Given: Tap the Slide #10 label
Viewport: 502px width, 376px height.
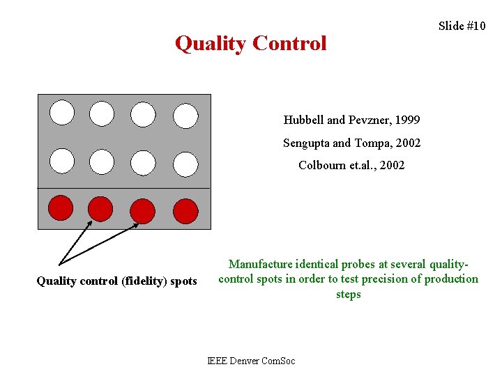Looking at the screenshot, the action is tap(462, 26).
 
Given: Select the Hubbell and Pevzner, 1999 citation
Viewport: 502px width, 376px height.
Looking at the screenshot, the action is tap(351, 120).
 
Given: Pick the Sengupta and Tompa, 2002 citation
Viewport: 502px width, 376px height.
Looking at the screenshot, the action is tap(351, 143).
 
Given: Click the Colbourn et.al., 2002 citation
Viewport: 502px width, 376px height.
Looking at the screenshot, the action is tap(351, 165).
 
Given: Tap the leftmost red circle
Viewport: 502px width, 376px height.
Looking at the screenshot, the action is tap(61, 207).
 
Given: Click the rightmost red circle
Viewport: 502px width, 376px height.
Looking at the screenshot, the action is tap(185, 210).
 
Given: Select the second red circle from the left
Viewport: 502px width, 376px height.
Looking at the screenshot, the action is tap(101, 208).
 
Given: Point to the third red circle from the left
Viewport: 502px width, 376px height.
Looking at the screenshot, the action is tap(143, 210).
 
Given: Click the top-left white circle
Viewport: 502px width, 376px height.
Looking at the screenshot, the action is tap(61, 112).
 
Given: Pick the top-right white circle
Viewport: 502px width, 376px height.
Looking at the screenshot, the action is tap(185, 116).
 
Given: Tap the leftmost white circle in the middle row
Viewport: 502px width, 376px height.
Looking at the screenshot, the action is tap(61, 161).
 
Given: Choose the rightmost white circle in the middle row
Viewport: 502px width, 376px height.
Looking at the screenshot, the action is tap(185, 164).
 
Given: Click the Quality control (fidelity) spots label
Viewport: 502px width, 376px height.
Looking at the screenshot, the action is tap(116, 281).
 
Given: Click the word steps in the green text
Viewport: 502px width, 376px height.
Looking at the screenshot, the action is tap(348, 295).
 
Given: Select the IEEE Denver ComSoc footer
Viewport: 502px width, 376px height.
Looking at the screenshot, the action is tap(251, 360).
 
